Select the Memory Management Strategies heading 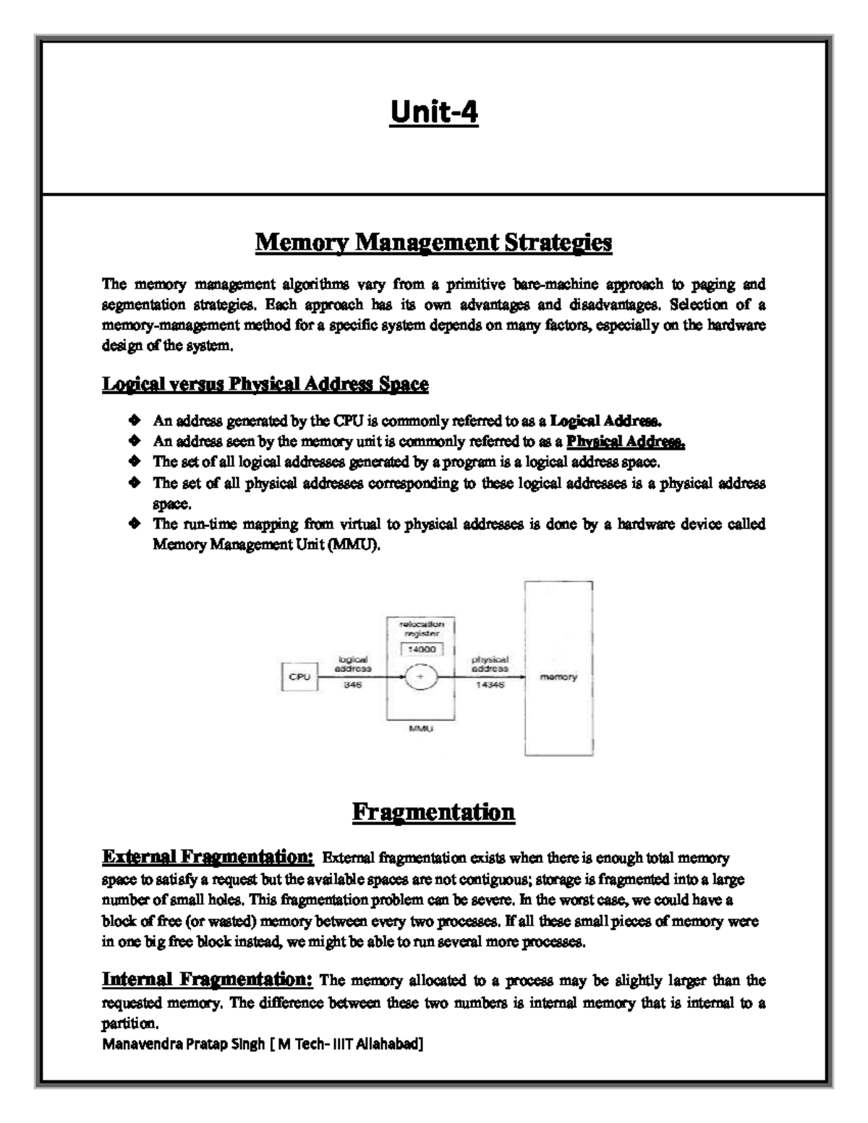click(433, 243)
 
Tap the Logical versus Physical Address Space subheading click(265, 384)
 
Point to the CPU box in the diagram click(299, 677)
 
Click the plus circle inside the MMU click(420, 678)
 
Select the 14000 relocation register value click(422, 649)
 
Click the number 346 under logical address click(354, 686)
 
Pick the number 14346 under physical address click(490, 686)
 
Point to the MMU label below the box click(421, 729)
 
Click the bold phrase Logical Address click(605, 420)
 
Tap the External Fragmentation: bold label click(208, 857)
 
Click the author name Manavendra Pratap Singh click(184, 1044)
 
